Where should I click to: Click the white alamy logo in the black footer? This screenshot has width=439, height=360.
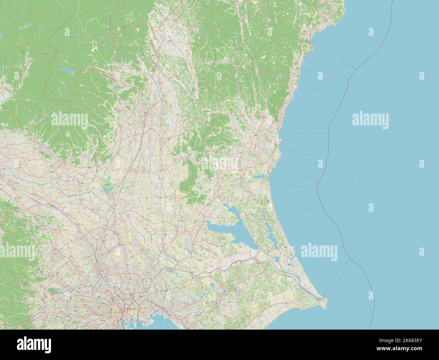coord(34,345)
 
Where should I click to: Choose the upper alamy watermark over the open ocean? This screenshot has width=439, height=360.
coord(370,120)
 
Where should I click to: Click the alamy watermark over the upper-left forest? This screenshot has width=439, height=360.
coord(70,120)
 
